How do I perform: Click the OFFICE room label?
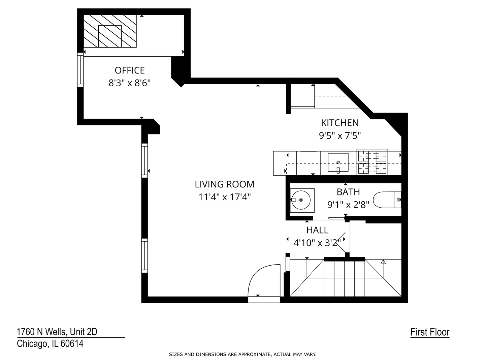click(130, 70)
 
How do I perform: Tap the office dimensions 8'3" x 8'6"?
click(130, 83)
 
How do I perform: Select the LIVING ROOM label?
click(224, 184)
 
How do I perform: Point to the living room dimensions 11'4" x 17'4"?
click(224, 197)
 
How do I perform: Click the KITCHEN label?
click(339, 123)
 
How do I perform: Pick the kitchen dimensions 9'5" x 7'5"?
click(339, 135)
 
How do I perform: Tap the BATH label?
click(348, 192)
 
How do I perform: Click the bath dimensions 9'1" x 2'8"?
click(348, 204)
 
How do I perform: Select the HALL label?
click(317, 230)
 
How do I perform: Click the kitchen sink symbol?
click(338, 163)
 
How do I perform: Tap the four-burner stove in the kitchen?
click(372, 162)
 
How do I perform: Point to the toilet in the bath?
click(387, 200)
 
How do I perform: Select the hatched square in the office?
click(110, 31)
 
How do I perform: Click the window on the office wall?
click(80, 70)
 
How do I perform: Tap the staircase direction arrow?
click(383, 262)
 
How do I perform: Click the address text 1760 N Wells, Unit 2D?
click(57, 332)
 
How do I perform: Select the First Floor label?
click(430, 332)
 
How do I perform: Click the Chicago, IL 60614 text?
click(50, 344)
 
